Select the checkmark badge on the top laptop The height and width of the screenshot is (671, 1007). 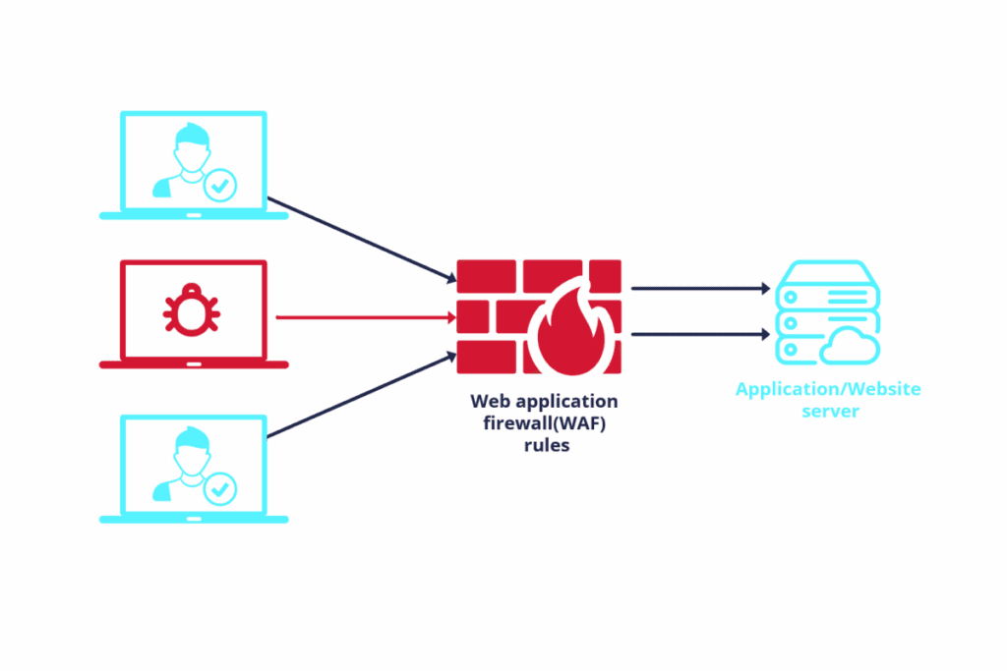coord(220,184)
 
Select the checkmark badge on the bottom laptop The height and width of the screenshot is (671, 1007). coord(220,487)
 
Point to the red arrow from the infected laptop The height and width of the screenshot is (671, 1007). coord(364,317)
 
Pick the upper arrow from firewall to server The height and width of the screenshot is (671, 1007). coord(699,289)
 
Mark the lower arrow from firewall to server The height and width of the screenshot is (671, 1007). coord(699,334)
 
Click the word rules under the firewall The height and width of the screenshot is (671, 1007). coord(544,444)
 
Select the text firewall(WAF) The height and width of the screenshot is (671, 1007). coord(544,422)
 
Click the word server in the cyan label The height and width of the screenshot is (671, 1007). coord(829,411)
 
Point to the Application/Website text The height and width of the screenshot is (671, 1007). coord(828,389)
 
